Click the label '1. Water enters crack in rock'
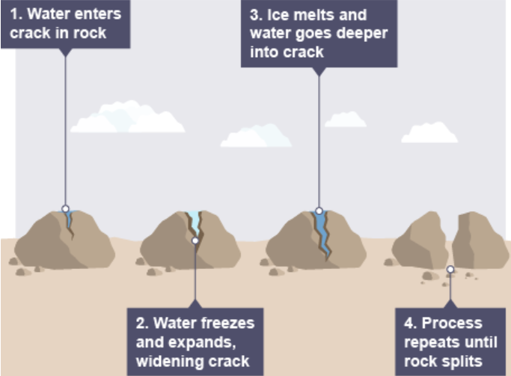pos(66,24)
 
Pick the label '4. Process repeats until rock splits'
pos(450,342)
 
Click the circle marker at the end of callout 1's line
pos(66,208)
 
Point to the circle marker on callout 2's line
pos(195,241)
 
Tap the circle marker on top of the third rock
pos(319,211)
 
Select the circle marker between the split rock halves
pos(450,270)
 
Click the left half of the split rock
pos(420,240)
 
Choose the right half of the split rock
pos(480,240)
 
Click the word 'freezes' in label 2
pos(227,323)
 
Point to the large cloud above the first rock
pos(128,117)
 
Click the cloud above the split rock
pos(429,133)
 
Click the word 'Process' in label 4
pos(452,323)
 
